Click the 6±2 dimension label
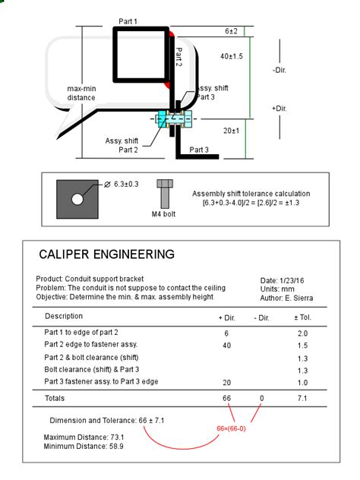point(231,31)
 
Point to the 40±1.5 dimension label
point(232,56)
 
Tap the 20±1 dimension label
point(231,131)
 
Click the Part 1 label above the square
point(128,21)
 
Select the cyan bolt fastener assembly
point(174,118)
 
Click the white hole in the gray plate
point(77,199)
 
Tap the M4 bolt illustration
point(165,194)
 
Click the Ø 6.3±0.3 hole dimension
point(122,185)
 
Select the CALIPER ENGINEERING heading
point(107,254)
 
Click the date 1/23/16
point(292,281)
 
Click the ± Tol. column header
point(302,317)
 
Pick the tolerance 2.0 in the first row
point(302,333)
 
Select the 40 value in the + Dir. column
point(226,346)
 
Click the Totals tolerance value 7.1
point(302,398)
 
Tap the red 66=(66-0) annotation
point(231,428)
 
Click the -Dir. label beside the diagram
point(279,70)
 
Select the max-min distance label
point(81,93)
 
